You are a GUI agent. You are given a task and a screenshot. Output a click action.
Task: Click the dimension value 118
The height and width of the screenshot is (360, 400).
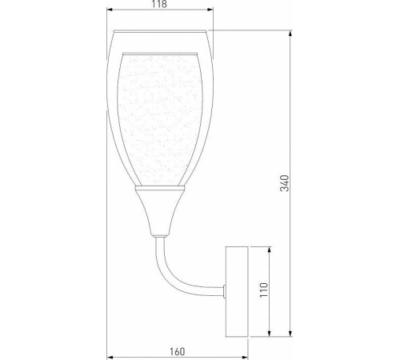click(160, 5)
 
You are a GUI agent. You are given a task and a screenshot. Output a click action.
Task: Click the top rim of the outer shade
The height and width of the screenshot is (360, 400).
click(160, 32)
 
